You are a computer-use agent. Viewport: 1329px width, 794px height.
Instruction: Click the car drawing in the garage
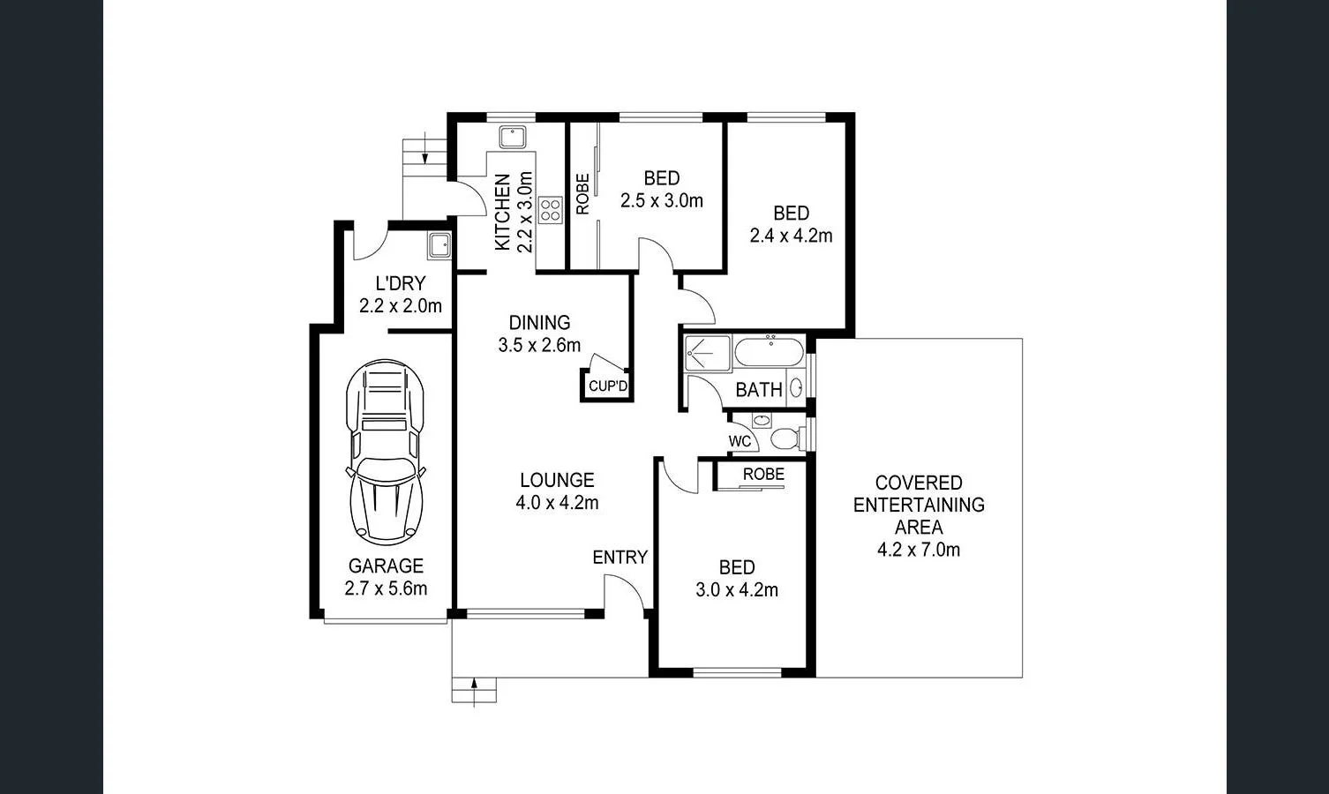click(x=386, y=452)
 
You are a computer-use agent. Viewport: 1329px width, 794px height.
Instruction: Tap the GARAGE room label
click(x=386, y=566)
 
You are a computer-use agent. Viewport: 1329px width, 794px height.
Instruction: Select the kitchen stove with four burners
click(x=550, y=210)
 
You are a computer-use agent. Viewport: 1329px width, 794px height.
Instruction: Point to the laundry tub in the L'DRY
click(x=439, y=245)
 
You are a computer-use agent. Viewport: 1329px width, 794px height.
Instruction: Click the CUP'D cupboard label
click(x=607, y=386)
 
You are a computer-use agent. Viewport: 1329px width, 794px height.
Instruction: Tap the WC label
click(x=740, y=441)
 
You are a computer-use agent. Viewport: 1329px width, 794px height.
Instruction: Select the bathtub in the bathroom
click(x=769, y=352)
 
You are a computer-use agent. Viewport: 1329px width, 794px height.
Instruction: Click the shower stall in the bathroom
click(x=708, y=353)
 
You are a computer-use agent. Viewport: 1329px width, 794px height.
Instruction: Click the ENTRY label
click(x=619, y=558)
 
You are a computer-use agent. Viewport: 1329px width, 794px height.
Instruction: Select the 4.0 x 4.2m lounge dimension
click(x=557, y=503)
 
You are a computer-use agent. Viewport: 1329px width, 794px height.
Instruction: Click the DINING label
click(x=539, y=323)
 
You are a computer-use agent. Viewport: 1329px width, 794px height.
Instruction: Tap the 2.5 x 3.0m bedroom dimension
click(x=661, y=201)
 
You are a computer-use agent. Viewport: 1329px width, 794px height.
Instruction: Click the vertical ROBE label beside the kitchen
click(x=582, y=194)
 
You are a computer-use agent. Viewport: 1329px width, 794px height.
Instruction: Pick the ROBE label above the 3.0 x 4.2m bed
click(x=763, y=475)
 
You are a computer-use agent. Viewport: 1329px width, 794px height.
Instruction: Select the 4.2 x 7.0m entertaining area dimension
click(x=918, y=550)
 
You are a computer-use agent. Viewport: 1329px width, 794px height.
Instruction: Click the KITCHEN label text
click(x=503, y=212)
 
